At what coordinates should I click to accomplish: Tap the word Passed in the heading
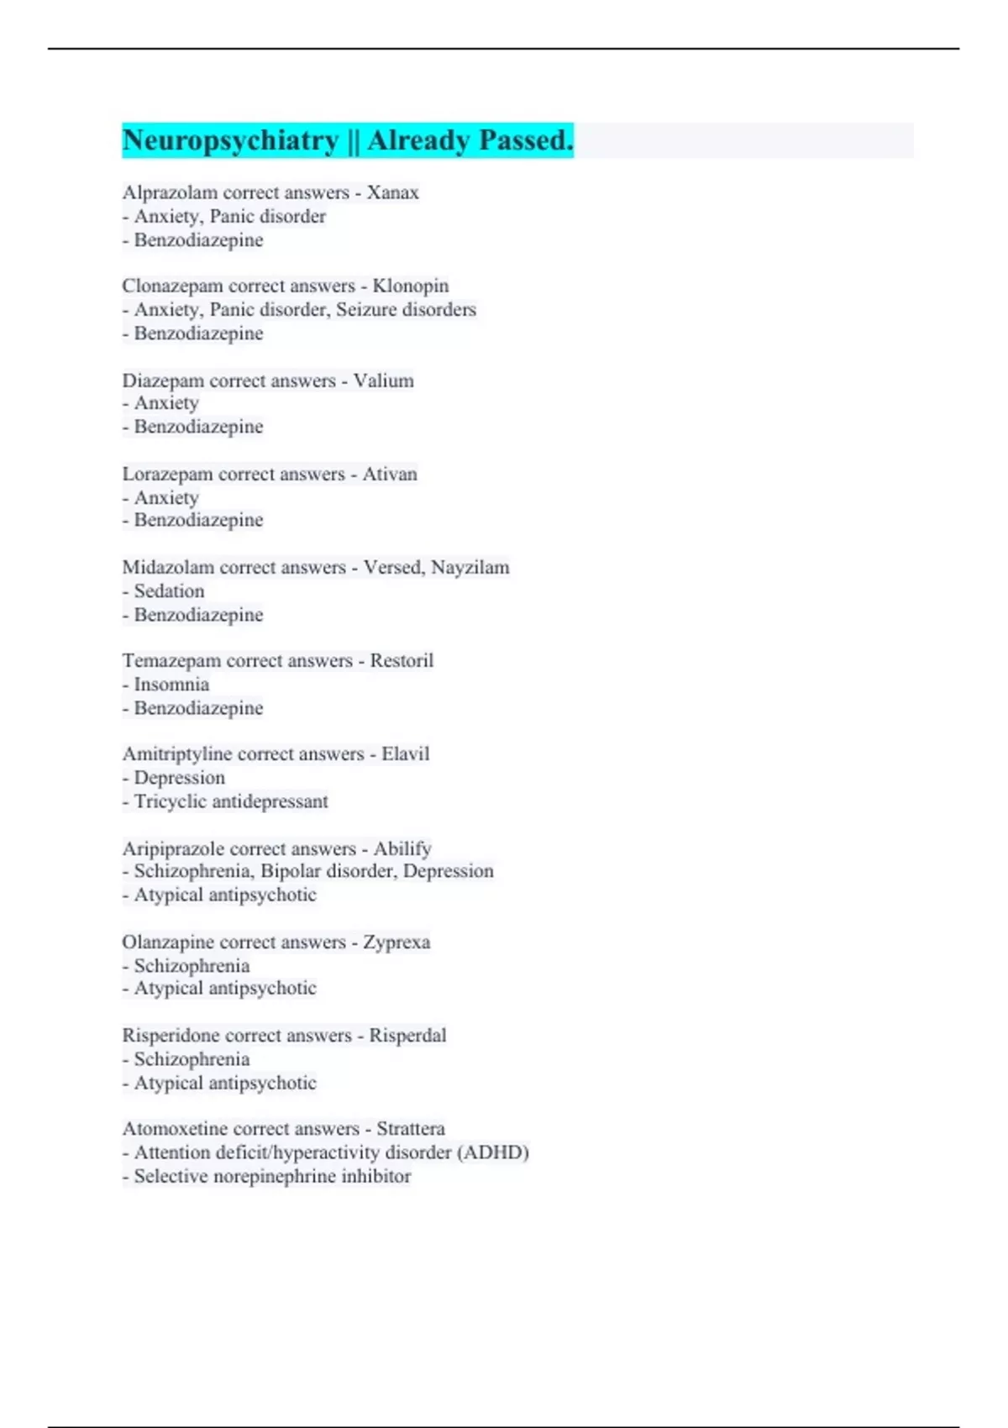coord(526,140)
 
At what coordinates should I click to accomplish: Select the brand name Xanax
coord(392,192)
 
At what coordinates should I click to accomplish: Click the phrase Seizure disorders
coord(406,309)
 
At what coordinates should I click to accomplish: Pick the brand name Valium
coord(383,381)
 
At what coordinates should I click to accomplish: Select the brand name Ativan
coord(390,474)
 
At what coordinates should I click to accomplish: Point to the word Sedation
coord(169,591)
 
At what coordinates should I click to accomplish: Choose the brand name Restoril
coord(402,660)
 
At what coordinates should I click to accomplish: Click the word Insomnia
coord(171,684)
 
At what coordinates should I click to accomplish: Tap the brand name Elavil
coord(405,753)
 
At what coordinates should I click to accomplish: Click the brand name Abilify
coord(402,848)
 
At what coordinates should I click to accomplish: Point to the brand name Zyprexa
coord(396,942)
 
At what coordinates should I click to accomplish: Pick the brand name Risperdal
coord(407,1035)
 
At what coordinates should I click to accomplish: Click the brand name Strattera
coord(411,1128)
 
